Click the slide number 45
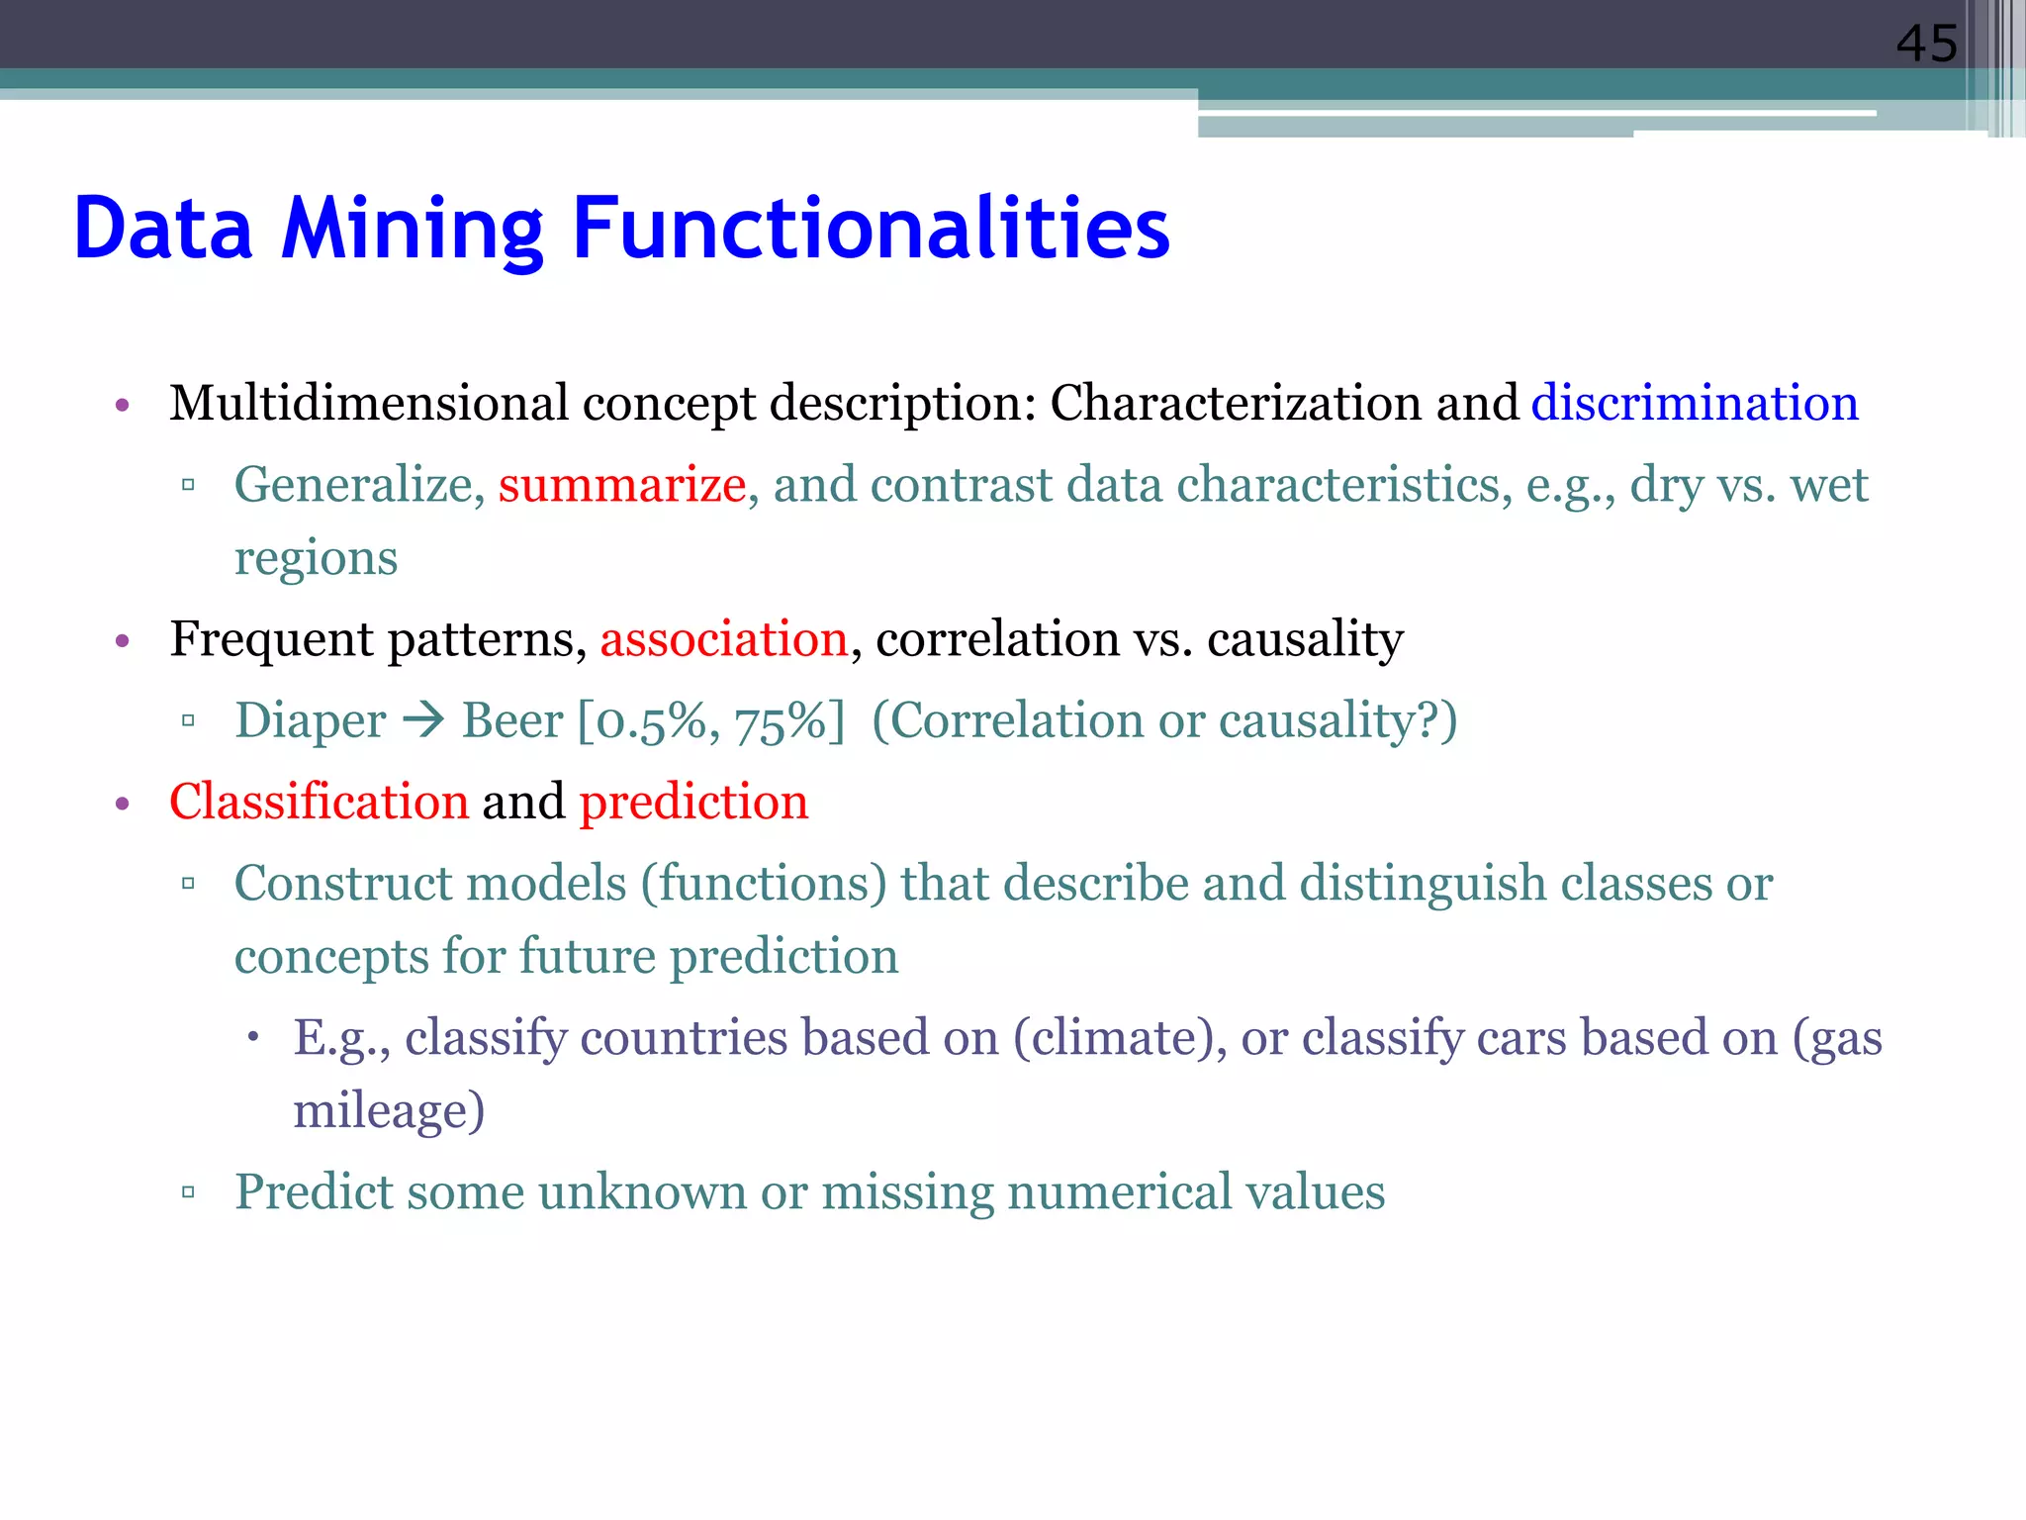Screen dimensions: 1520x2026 [x=1925, y=44]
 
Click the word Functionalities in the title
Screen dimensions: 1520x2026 [x=871, y=229]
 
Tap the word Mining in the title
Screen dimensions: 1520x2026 [x=412, y=229]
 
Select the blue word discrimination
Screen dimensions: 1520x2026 [x=1695, y=403]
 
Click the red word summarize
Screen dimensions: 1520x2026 [x=621, y=485]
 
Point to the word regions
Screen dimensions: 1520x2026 [x=316, y=558]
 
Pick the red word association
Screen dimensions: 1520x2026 [x=723, y=638]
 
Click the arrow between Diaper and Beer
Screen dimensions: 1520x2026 [x=424, y=719]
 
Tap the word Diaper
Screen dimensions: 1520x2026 [x=310, y=720]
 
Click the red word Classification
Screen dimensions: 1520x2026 [x=319, y=801]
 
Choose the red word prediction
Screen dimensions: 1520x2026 [x=693, y=802]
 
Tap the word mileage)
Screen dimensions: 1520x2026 [x=389, y=1110]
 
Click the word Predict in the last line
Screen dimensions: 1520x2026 [x=314, y=1191]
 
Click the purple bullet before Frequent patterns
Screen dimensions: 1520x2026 [x=123, y=641]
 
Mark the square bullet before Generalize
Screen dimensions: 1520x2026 [x=188, y=485]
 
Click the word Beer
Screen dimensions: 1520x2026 [x=512, y=720]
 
